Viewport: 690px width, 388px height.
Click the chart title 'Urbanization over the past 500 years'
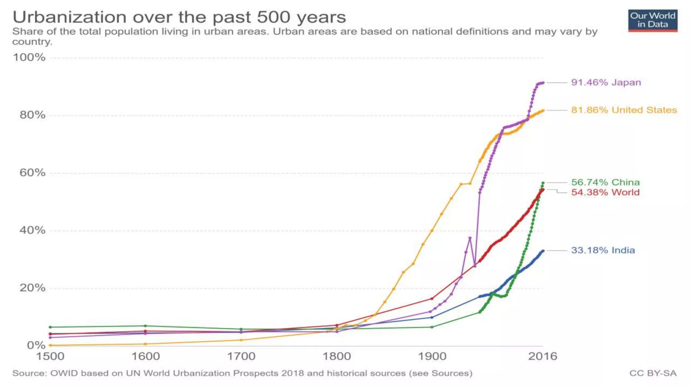[x=179, y=17]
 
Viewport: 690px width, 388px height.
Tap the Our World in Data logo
[x=653, y=21]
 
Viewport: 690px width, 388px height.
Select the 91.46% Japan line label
[x=606, y=83]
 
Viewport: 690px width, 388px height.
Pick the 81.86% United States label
[x=624, y=110]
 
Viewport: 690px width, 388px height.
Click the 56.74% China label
[x=605, y=182]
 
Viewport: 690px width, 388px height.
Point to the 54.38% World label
[x=605, y=192]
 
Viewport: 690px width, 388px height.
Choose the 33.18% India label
[x=603, y=250]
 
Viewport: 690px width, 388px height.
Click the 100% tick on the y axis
[x=29, y=57]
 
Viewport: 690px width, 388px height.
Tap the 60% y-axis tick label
[x=32, y=173]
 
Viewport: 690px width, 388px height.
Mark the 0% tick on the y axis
[x=36, y=345]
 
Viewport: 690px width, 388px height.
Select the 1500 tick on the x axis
[x=50, y=356]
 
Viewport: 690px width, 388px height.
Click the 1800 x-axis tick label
[x=337, y=356]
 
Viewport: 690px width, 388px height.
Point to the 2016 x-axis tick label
[x=542, y=356]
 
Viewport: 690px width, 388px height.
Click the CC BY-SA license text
[x=653, y=373]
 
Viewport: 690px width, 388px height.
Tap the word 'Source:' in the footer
[x=30, y=373]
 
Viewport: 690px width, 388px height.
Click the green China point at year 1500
[x=50, y=327]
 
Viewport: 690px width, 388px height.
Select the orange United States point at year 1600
[x=146, y=344]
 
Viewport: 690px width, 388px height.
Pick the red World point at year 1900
[x=432, y=299]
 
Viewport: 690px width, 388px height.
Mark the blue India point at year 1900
[x=432, y=317]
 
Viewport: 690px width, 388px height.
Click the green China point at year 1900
[x=432, y=327]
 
